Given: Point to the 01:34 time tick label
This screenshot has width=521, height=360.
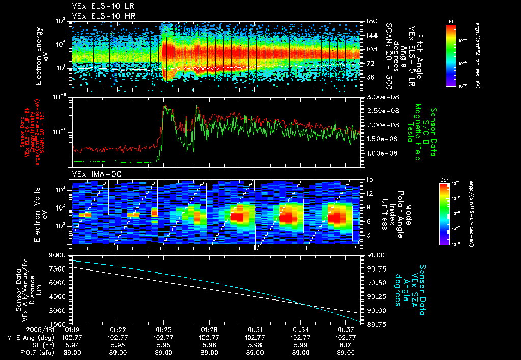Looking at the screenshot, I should (x=300, y=329).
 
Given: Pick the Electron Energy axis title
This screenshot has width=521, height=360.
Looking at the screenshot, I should (x=39, y=56).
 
